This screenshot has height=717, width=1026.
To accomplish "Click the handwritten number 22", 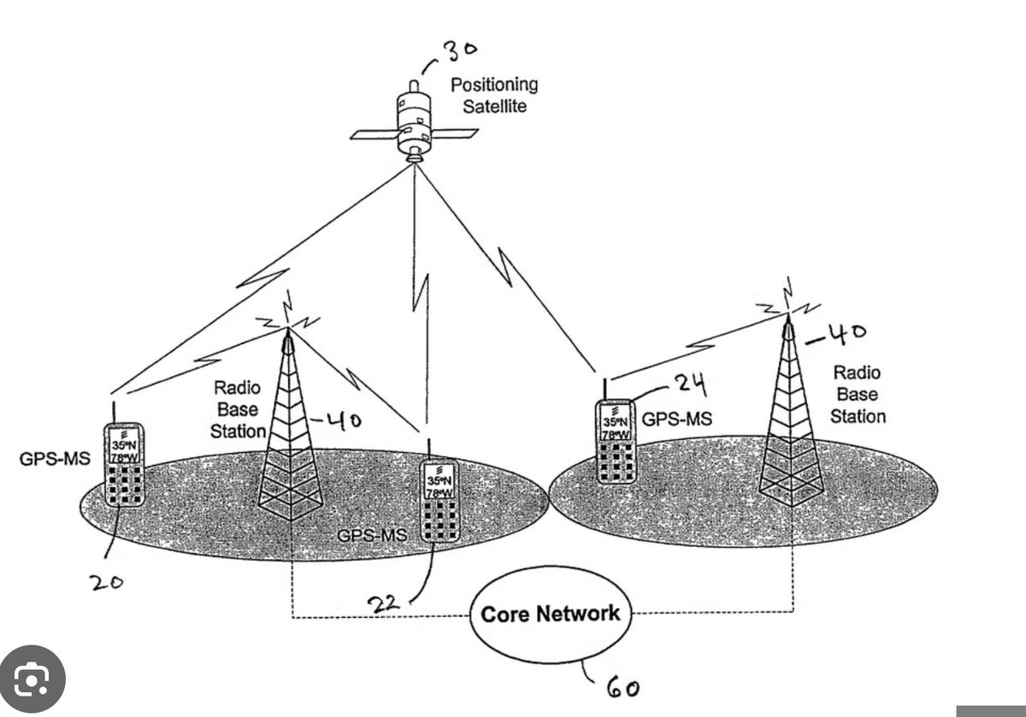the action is (384, 604).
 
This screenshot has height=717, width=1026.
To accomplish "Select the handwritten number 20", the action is (106, 582).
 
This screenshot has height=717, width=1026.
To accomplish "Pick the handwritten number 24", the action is (691, 385).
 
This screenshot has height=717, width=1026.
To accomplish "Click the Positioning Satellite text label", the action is (494, 95).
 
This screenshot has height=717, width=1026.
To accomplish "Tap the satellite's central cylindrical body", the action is (414, 124).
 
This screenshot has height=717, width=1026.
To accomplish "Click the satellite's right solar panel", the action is (454, 133).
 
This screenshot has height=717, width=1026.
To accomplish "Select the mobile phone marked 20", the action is (124, 464).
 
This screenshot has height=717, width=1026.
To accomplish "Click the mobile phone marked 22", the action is (439, 500).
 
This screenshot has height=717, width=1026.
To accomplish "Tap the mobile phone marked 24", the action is (616, 442).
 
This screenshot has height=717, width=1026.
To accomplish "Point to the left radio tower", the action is (290, 426).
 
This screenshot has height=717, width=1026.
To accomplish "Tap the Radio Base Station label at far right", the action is (858, 394).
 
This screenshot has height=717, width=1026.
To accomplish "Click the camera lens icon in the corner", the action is (32, 679).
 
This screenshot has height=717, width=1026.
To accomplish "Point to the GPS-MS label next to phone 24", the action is (677, 419).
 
